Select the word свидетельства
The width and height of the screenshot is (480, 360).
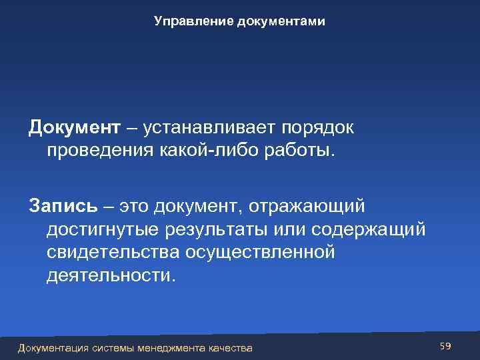pyautogui.click(x=115, y=253)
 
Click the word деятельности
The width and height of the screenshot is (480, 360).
pyautogui.click(x=111, y=275)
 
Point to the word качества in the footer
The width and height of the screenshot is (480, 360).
pyautogui.click(x=231, y=347)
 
